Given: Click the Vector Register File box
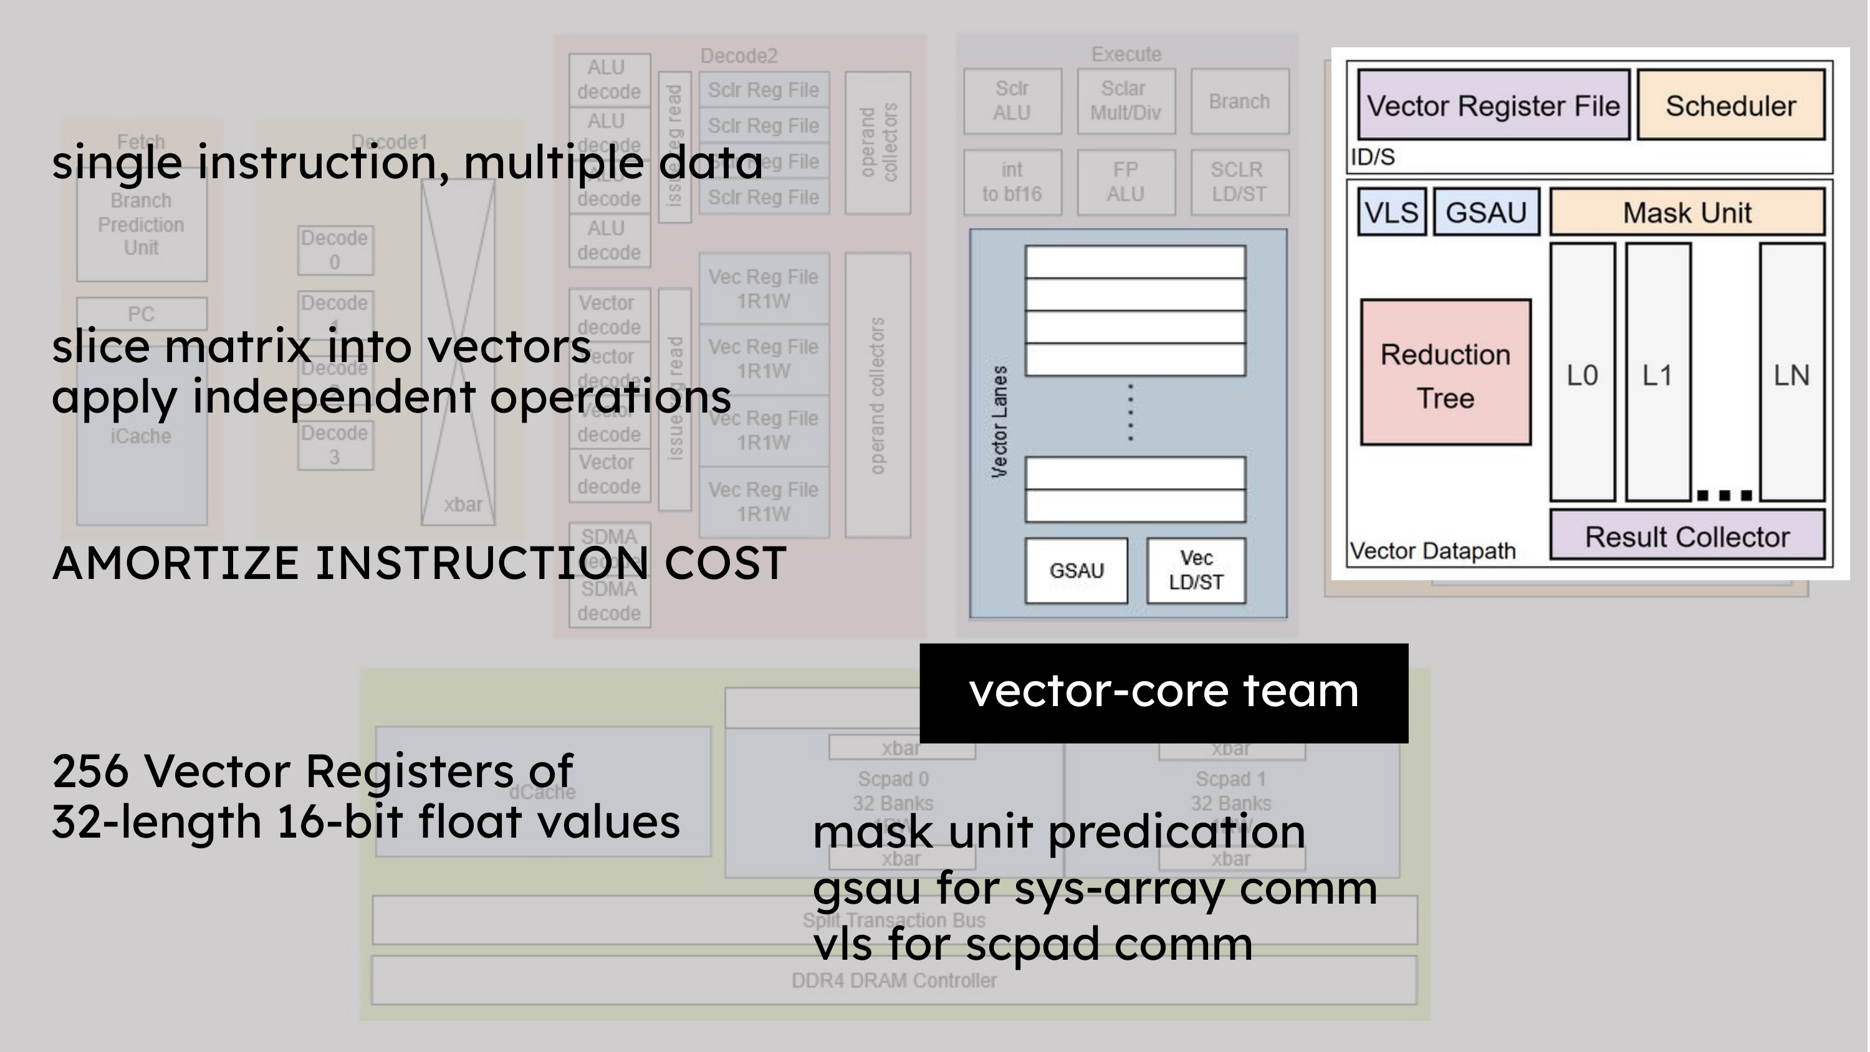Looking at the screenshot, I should point(1494,105).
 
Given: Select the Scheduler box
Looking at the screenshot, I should point(1730,105).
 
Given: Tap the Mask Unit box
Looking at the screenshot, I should point(1687,212).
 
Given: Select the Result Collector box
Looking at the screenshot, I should point(1687,536).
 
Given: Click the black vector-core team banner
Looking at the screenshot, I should point(1164,692).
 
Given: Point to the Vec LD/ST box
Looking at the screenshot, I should point(1196,571).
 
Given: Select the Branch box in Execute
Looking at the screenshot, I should point(1239,102).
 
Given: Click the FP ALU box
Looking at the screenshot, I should point(1125,182).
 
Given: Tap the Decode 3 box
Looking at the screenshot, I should point(335,445).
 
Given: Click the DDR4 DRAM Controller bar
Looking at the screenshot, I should point(894,981).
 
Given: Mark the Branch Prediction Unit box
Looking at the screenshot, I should point(141,224).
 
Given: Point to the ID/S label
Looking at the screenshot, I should point(1372,157).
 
